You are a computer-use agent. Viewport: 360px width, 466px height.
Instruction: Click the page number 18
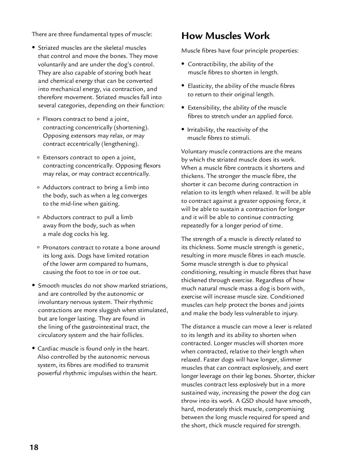point(34,447)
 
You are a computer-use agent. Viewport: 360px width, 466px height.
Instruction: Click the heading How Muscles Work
point(225,36)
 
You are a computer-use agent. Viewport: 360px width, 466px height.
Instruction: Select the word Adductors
point(56,187)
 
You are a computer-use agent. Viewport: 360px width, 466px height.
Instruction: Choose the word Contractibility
point(207,64)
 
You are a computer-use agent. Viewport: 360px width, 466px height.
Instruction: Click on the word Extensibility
point(204,108)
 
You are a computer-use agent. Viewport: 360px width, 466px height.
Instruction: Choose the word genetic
point(292,247)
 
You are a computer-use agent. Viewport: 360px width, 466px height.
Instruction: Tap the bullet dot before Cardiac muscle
point(33,349)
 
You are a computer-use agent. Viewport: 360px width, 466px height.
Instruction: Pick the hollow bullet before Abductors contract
point(38,218)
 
